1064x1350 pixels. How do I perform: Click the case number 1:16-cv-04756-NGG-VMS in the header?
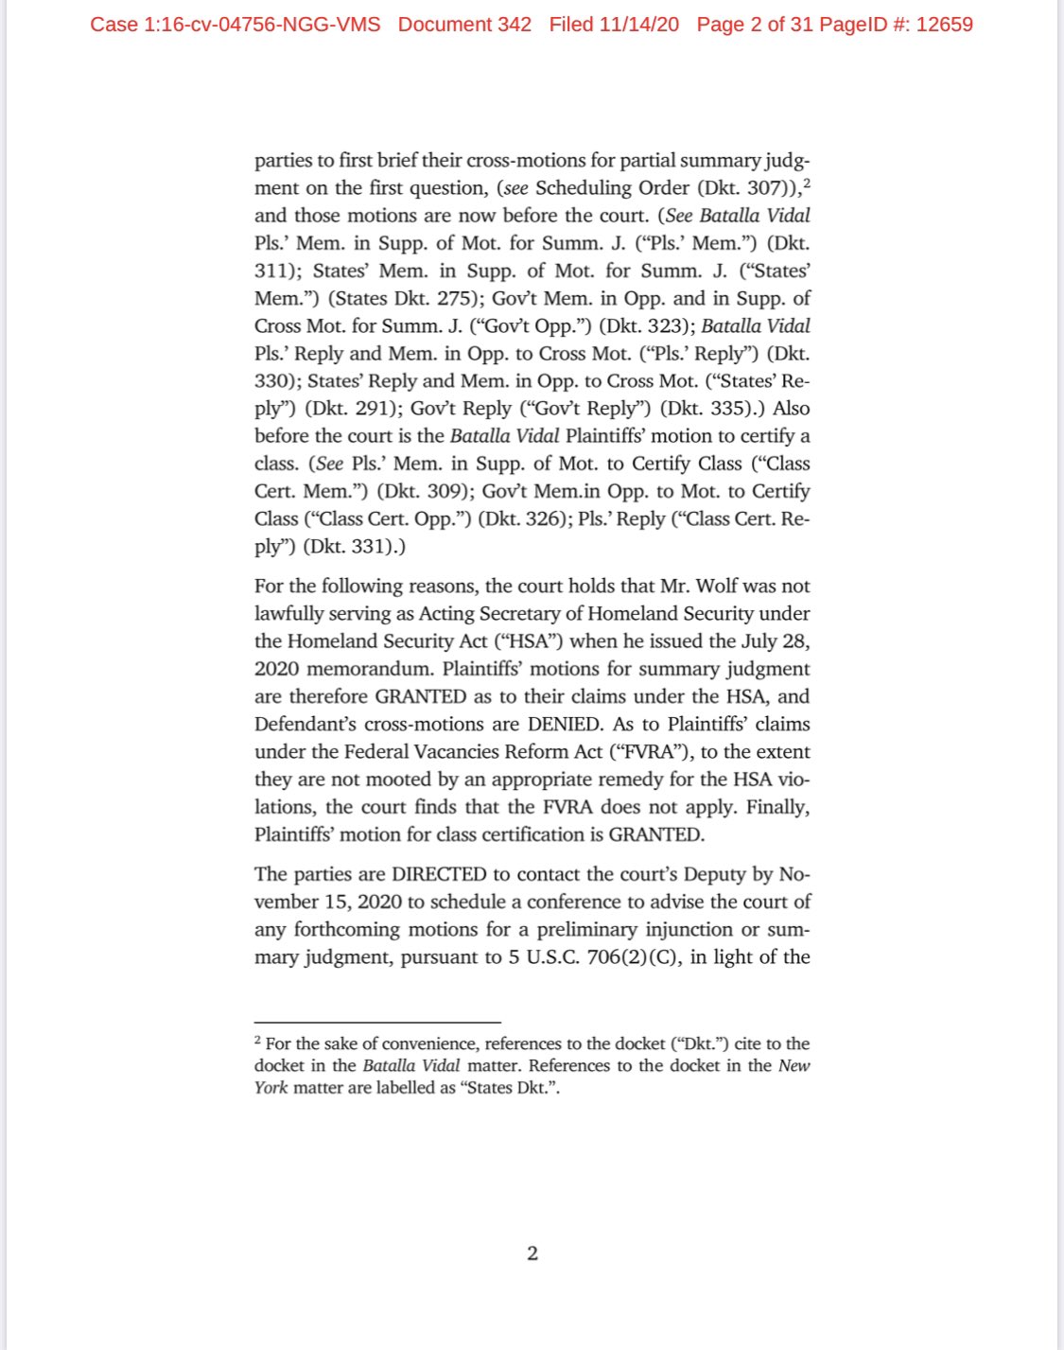coord(235,25)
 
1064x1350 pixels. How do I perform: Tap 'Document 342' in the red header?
coord(464,25)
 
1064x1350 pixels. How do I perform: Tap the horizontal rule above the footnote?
coord(376,1022)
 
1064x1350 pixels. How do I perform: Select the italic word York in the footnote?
coord(270,1087)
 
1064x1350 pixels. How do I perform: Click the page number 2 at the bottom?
coord(532,1254)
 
